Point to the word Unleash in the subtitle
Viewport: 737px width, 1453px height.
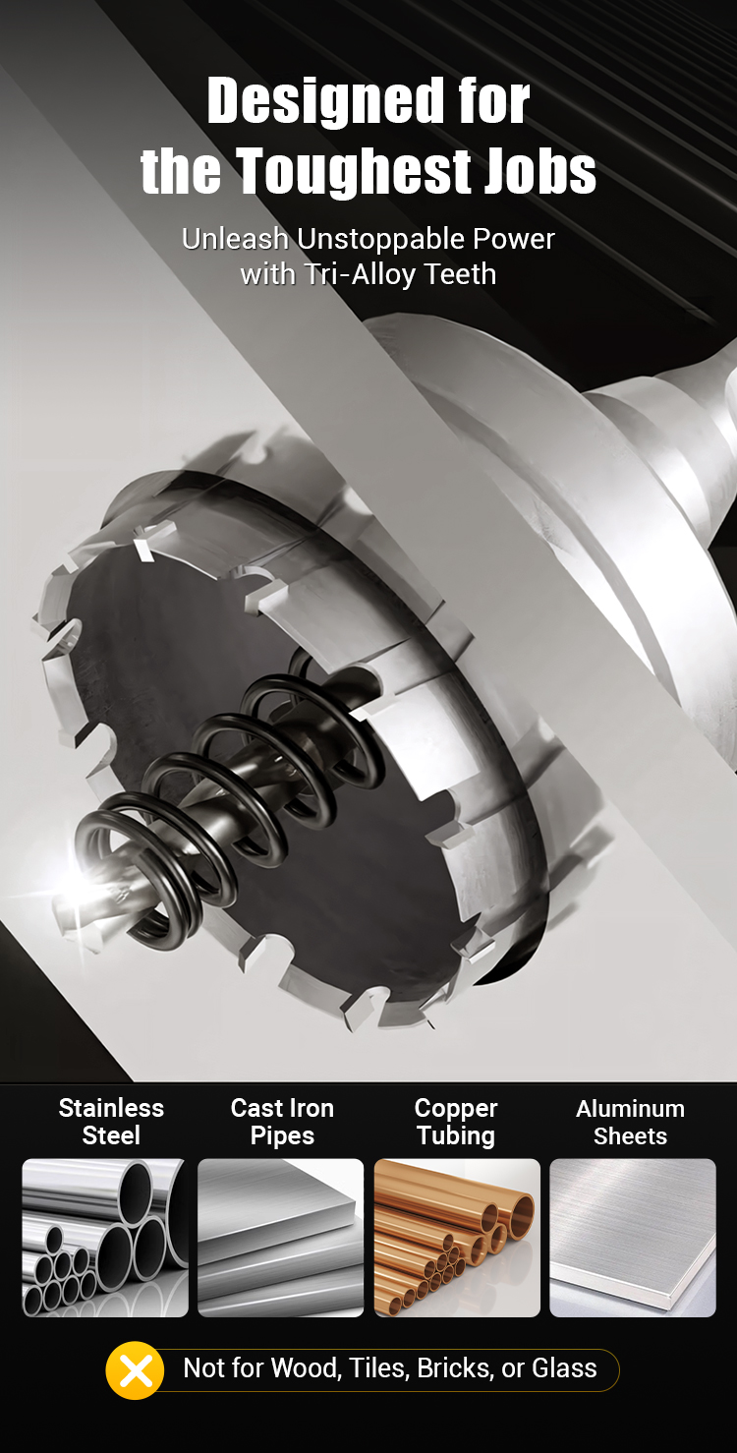[235, 239]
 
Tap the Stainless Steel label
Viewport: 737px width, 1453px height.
[111, 1122]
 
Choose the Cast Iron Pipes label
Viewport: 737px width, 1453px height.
[282, 1122]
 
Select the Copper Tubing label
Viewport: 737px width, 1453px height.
[456, 1122]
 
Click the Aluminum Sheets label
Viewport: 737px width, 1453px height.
[630, 1122]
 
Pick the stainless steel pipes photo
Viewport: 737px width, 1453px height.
[105, 1238]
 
